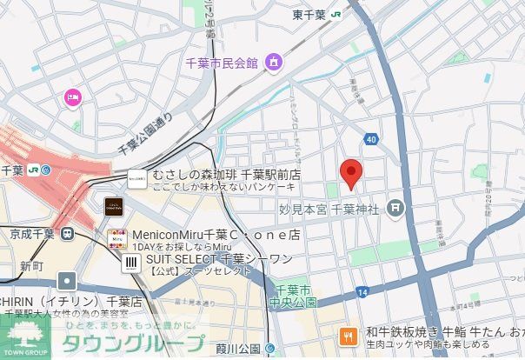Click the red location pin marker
point(350,174)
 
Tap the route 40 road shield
point(372,138)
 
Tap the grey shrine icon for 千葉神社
point(396,208)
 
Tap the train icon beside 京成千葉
point(66,233)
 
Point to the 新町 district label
point(31,265)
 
